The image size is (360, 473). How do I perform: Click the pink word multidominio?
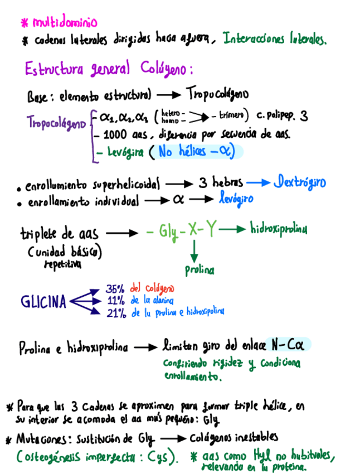(65, 23)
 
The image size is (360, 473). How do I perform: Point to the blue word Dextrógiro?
(299, 182)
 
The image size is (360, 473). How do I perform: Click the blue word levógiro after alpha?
(236, 199)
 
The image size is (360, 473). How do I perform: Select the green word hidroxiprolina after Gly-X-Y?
(278, 229)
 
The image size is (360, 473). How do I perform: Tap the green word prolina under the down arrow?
(200, 271)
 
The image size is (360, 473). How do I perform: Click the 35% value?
(116, 289)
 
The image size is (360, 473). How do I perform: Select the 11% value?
(115, 301)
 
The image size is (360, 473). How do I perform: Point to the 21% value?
(116, 313)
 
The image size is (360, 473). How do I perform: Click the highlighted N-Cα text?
(288, 345)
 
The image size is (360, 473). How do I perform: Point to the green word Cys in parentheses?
(162, 457)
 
